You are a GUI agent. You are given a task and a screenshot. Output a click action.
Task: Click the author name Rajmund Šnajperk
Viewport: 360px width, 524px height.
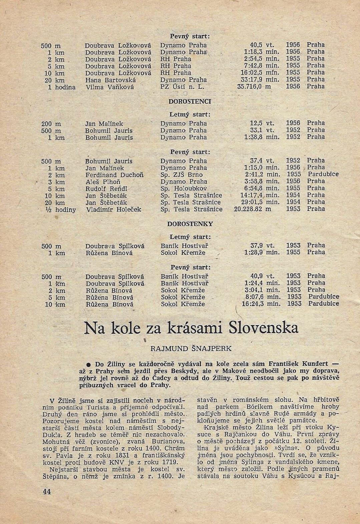(191, 348)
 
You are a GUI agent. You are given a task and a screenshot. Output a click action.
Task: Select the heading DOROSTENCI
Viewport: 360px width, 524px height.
(190, 101)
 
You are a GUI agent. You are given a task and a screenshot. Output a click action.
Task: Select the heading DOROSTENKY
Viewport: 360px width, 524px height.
(190, 224)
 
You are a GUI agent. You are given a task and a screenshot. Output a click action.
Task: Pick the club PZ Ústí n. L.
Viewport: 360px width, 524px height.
(182, 87)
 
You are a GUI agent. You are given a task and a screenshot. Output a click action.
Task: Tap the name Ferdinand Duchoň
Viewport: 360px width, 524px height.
(114, 175)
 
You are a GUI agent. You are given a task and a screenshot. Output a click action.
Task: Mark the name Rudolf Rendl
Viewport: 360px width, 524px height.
(106, 189)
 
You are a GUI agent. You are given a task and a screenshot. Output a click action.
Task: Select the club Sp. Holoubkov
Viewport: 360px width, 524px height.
(184, 189)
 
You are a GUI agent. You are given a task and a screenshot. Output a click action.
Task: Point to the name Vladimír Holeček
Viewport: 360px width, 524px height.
(113, 210)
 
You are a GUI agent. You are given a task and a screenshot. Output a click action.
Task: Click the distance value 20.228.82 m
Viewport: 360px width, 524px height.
(253, 209)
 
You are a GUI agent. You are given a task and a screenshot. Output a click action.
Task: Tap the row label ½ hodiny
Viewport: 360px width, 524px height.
(60, 210)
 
